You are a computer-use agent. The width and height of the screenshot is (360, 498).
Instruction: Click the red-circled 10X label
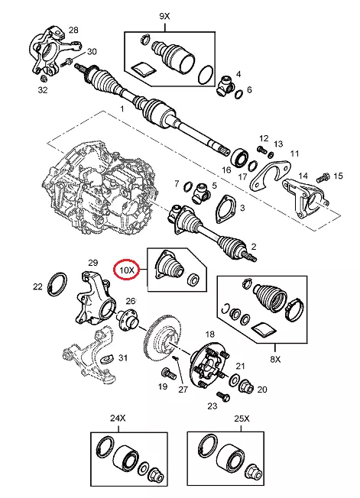(x=127, y=270)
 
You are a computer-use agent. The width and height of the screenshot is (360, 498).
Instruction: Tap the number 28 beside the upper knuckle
(x=73, y=31)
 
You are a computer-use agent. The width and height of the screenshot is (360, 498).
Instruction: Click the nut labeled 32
(x=44, y=78)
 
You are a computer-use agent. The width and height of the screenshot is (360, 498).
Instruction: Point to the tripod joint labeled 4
(x=225, y=86)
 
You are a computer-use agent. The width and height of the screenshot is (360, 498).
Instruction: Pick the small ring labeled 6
(x=239, y=94)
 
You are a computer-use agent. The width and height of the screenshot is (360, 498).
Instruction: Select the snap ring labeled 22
(x=57, y=283)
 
